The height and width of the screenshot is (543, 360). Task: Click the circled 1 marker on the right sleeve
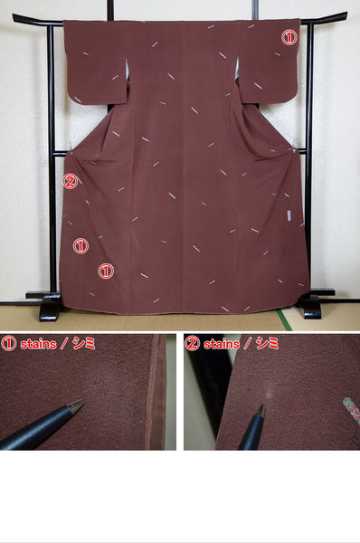click(289, 38)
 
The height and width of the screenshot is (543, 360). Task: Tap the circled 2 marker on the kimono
click(70, 181)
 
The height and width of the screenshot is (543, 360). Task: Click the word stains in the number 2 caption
click(222, 343)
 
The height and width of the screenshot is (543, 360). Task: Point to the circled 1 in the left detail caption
click(8, 343)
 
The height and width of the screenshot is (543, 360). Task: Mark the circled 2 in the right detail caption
click(193, 343)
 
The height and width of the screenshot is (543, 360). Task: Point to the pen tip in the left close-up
click(81, 402)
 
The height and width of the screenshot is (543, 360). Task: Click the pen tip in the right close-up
click(261, 409)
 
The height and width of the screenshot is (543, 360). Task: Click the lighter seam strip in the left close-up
click(156, 394)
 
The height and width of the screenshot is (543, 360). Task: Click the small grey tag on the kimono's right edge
click(288, 215)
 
